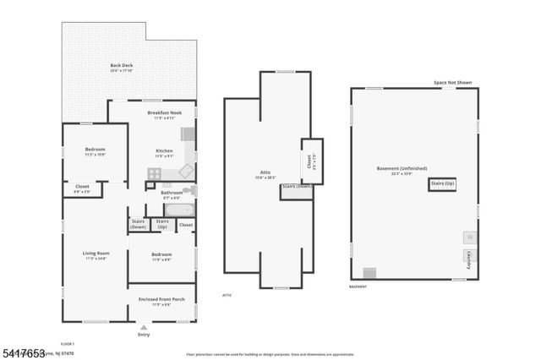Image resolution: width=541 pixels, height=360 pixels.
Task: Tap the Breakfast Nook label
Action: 164,113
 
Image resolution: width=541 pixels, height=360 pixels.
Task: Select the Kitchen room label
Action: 164,151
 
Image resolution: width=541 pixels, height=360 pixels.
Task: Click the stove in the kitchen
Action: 155,174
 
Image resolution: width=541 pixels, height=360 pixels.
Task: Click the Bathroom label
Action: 172,193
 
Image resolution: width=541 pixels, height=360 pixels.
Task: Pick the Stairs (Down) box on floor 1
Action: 139,225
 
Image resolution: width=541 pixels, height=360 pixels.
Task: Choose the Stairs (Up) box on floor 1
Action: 161,225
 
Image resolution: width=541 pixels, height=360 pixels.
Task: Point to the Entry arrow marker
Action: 144,326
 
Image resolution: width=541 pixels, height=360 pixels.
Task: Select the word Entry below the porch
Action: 144,335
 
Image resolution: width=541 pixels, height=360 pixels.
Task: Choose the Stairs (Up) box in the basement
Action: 442,183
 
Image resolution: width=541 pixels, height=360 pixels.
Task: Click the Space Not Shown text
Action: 452,83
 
